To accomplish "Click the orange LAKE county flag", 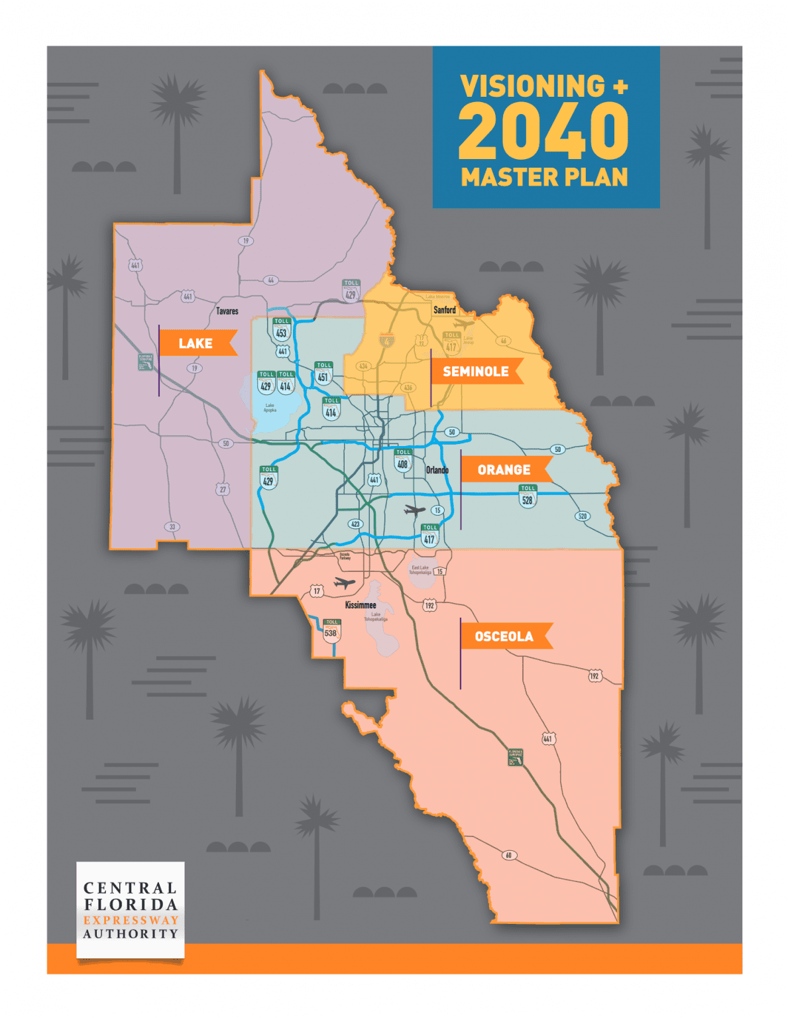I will pyautogui.click(x=197, y=343).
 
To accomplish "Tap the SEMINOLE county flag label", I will pyautogui.click(x=476, y=372).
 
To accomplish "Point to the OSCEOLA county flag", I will pyautogui.click(x=504, y=637).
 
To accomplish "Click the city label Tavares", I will pyautogui.click(x=227, y=311).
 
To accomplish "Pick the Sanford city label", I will pyautogui.click(x=444, y=310).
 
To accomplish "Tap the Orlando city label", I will pyautogui.click(x=437, y=470).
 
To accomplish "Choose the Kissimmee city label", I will pyautogui.click(x=361, y=605).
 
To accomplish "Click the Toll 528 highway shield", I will pyautogui.click(x=528, y=496).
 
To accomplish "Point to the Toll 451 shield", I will pyautogui.click(x=323, y=374).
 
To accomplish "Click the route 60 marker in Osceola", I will pyautogui.click(x=509, y=855).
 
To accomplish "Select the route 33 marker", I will pyautogui.click(x=172, y=527).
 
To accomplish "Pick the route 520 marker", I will pyautogui.click(x=582, y=516).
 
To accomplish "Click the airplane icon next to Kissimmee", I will pyautogui.click(x=345, y=583).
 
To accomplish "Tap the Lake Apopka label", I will pyautogui.click(x=270, y=408).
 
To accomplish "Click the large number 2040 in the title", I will pyautogui.click(x=543, y=132).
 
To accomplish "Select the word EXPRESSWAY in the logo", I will pyautogui.click(x=131, y=920).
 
